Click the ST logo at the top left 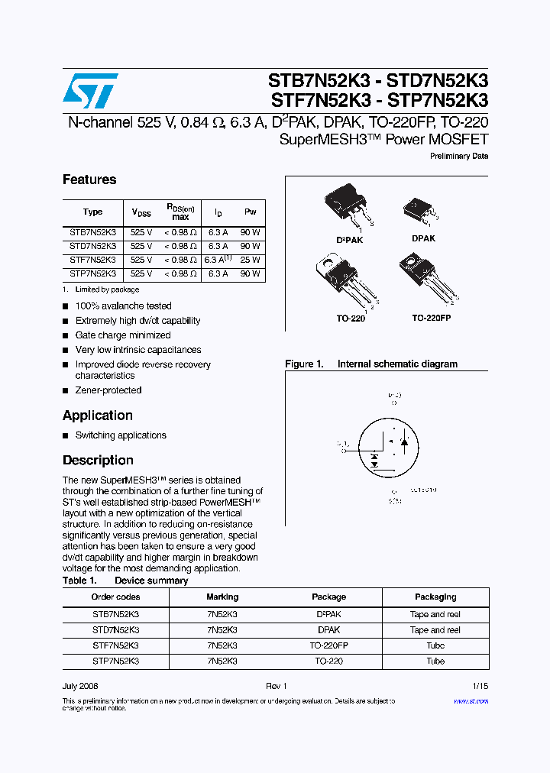(x=90, y=91)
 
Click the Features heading (x=89, y=180)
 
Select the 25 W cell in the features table (x=251, y=260)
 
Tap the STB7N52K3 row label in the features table (x=92, y=233)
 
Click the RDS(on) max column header (x=180, y=212)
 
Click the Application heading (x=98, y=416)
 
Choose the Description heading (x=98, y=461)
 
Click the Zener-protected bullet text (x=108, y=390)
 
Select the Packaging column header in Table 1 (x=435, y=597)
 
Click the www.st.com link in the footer (x=471, y=700)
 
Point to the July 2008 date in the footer (x=80, y=686)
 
